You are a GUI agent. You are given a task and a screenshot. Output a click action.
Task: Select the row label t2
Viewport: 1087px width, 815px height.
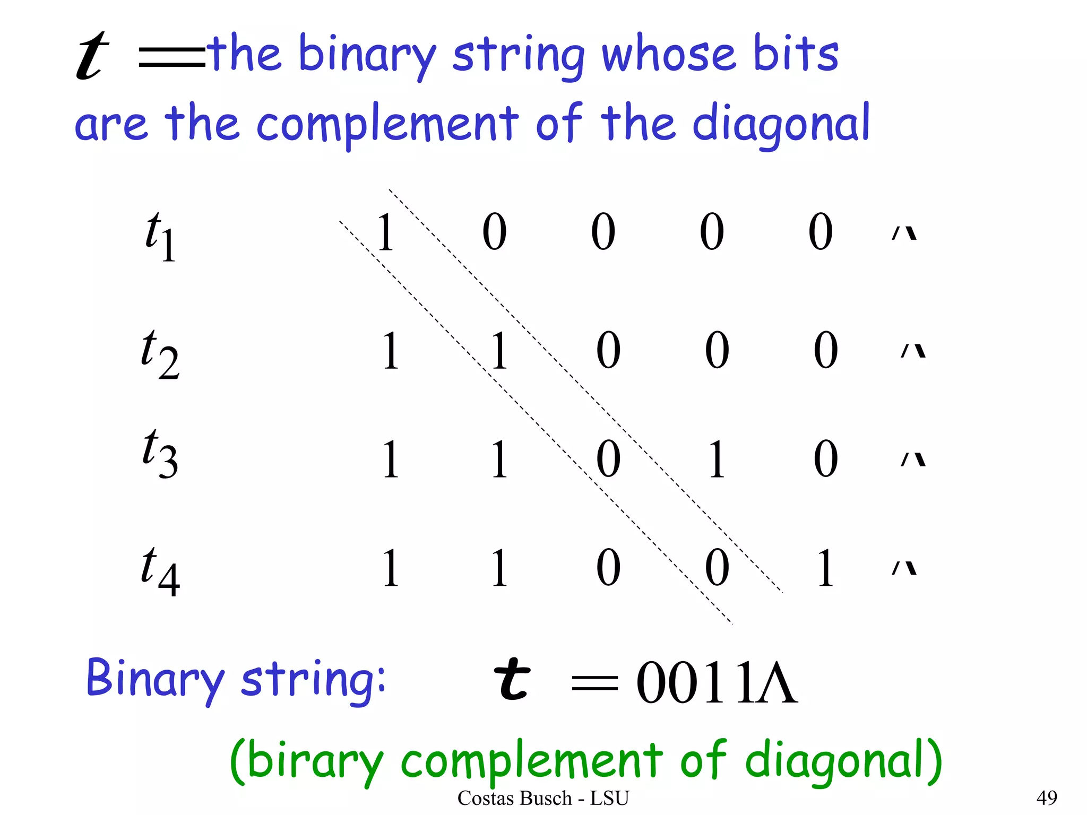click(x=160, y=353)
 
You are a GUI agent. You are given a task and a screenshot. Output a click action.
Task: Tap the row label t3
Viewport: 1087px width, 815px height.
click(x=160, y=453)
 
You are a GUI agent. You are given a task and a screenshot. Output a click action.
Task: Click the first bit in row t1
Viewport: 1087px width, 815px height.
click(x=385, y=232)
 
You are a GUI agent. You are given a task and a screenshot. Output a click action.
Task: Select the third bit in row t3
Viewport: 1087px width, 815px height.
click(x=608, y=459)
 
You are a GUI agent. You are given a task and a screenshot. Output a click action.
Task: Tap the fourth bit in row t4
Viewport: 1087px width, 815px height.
click(x=717, y=568)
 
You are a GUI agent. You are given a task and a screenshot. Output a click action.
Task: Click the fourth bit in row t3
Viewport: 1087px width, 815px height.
click(x=717, y=459)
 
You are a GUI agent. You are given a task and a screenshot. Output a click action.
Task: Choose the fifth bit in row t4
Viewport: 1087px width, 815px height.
click(x=825, y=568)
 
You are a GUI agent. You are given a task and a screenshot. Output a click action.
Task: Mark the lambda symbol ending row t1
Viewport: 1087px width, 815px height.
click(x=904, y=233)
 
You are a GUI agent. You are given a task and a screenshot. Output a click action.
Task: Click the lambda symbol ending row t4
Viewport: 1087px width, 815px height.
click(x=904, y=568)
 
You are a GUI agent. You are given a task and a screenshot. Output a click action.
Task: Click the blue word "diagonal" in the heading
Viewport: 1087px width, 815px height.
click(x=781, y=125)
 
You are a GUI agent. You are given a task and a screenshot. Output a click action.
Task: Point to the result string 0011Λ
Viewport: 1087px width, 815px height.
click(x=717, y=683)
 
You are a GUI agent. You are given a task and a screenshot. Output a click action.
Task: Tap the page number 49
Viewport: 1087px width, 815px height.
click(x=1046, y=797)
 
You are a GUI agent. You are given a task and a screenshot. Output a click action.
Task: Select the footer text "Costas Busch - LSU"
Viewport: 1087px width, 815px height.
click(x=543, y=798)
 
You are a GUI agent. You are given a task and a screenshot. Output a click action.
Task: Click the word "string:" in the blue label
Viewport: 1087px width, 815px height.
click(x=313, y=680)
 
